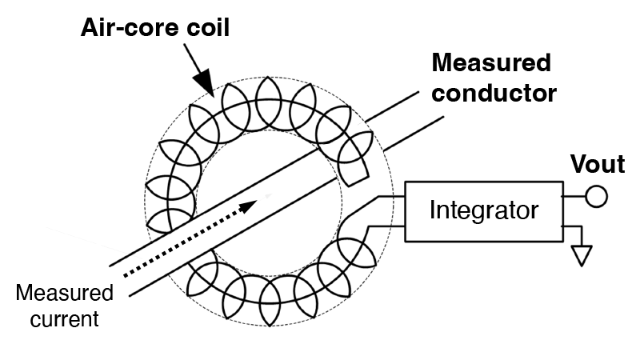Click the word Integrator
pyautogui.click(x=484, y=210)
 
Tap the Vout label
pyautogui.click(x=598, y=164)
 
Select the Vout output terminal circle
pyautogui.click(x=596, y=196)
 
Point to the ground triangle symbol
pyautogui.click(x=582, y=255)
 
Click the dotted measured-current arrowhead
pyautogui.click(x=248, y=206)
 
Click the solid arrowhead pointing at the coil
pyautogui.click(x=204, y=82)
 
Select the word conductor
pyautogui.click(x=494, y=94)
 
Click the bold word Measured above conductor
pyautogui.click(x=491, y=63)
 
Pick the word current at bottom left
pyautogui.click(x=65, y=319)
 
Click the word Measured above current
pyautogui.click(x=65, y=293)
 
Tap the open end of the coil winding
pyautogui.click(x=358, y=182)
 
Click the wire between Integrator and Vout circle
pyautogui.click(x=574, y=196)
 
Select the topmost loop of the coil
pyautogui.click(x=268, y=103)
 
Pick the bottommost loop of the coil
pyautogui.click(x=270, y=302)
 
